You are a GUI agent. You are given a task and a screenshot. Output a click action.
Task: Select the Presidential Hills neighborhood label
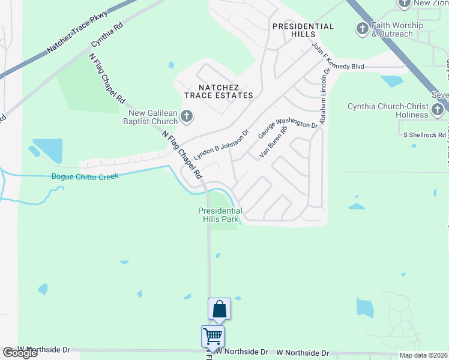(303, 30)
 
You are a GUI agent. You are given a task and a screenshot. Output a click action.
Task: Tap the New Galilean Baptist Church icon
(187, 116)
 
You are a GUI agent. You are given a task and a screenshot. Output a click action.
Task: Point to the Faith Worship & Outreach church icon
(362, 28)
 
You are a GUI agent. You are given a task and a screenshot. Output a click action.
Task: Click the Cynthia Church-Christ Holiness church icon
(438, 109)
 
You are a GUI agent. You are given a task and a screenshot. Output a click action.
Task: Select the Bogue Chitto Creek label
(85, 176)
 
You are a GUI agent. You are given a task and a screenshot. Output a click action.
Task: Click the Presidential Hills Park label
(220, 215)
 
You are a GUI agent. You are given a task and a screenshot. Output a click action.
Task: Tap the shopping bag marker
(220, 310)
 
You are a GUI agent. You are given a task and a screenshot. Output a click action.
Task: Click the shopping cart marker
(212, 337)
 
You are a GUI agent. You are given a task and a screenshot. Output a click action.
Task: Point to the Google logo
(20, 353)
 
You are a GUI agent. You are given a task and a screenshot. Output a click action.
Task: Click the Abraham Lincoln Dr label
(324, 97)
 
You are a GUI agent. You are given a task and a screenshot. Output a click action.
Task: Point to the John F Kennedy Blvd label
(339, 59)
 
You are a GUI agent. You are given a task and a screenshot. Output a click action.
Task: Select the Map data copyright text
(424, 355)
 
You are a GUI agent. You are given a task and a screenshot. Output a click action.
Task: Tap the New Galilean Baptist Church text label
(152, 117)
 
